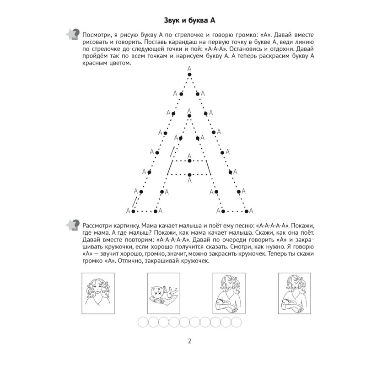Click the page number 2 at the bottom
[183, 340]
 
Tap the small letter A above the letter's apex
[189, 69]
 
